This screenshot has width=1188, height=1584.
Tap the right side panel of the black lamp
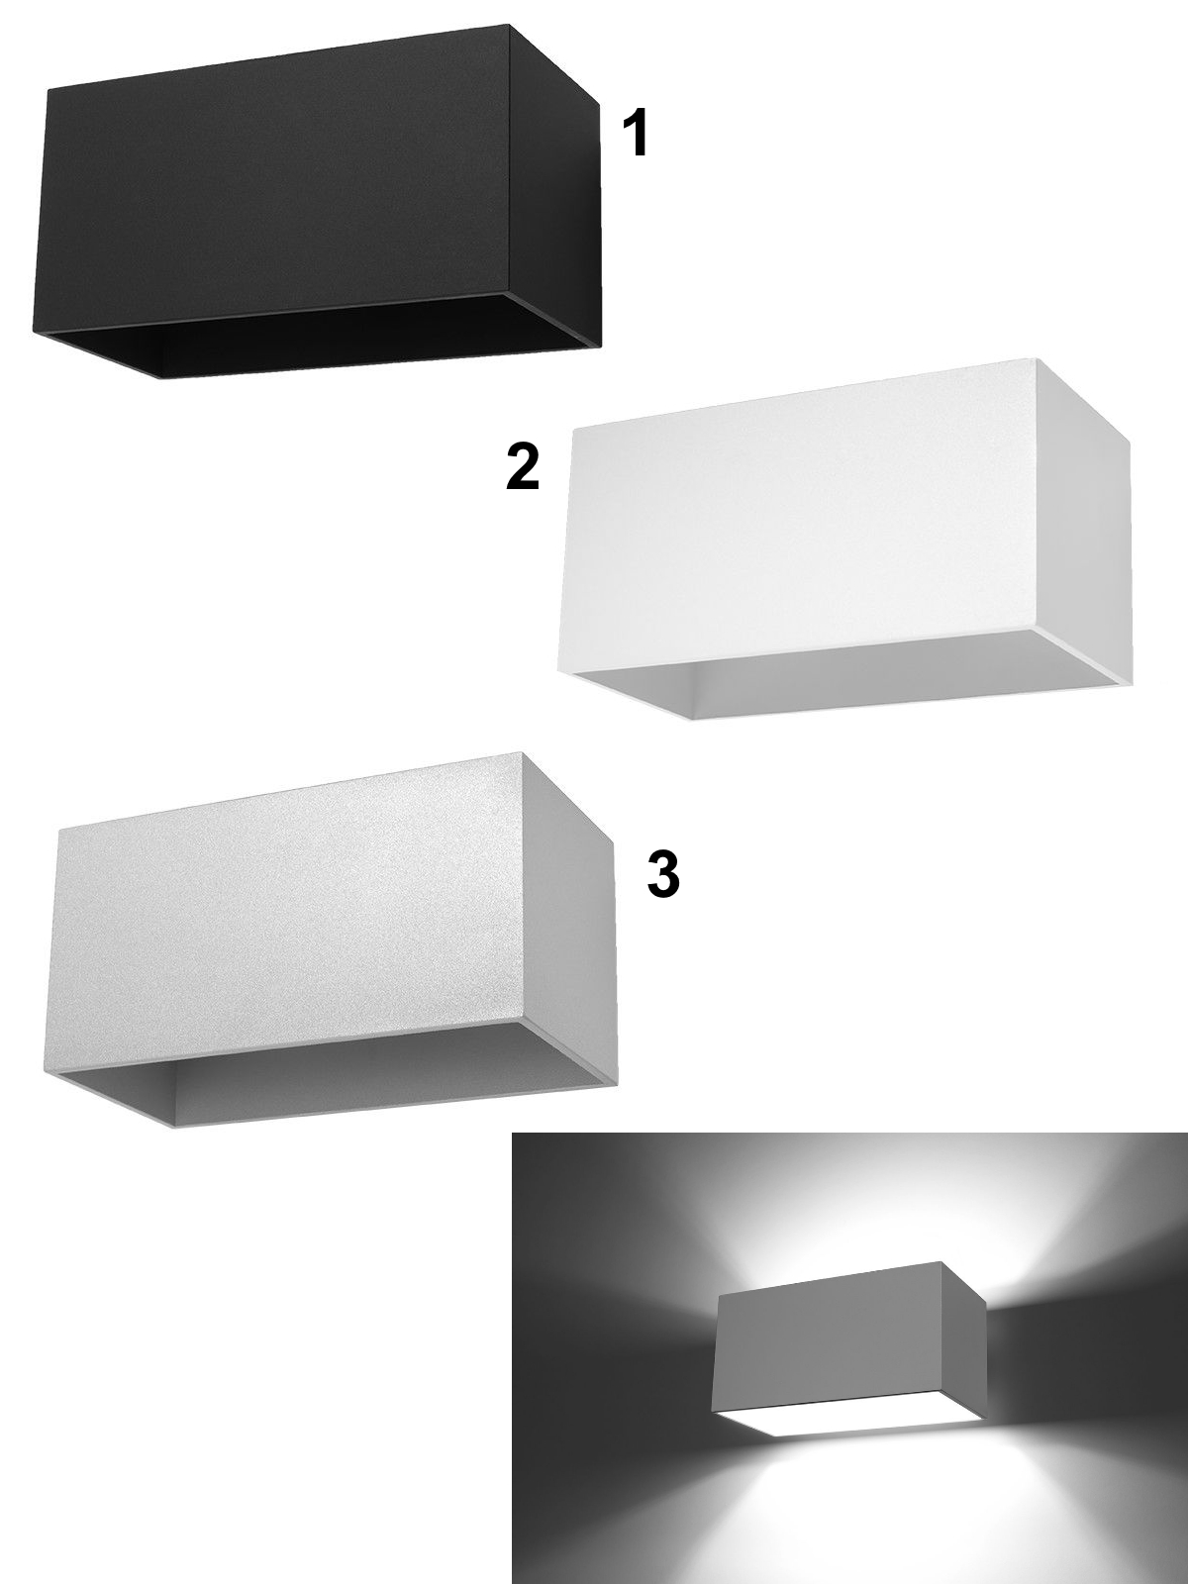[x=554, y=188]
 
